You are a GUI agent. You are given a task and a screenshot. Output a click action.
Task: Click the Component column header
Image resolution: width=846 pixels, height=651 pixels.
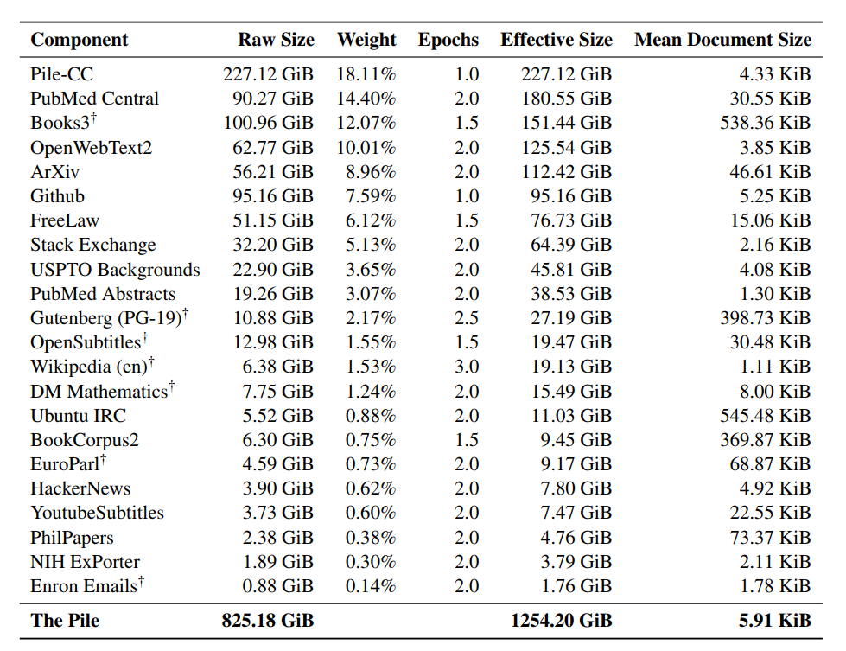point(79,40)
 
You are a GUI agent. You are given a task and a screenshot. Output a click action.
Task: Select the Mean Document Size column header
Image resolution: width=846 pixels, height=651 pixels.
point(722,40)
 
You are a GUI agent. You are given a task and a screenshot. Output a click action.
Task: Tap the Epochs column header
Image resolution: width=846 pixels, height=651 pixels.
point(448,40)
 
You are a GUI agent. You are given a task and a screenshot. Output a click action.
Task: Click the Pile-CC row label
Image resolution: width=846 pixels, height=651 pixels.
point(61,74)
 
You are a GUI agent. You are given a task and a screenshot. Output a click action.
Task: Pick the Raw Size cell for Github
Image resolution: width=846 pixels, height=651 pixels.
point(272,196)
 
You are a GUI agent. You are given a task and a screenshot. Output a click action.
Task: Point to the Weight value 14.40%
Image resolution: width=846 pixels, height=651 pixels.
point(366,99)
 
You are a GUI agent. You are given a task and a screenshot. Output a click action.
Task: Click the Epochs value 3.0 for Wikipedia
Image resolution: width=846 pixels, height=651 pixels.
point(466,367)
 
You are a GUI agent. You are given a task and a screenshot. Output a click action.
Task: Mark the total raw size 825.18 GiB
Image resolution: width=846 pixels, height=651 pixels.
point(268,621)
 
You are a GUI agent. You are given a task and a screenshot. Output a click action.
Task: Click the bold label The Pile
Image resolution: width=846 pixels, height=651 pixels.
point(66,621)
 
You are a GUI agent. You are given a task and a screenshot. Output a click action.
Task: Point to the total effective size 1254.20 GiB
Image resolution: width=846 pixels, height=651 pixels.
point(562,621)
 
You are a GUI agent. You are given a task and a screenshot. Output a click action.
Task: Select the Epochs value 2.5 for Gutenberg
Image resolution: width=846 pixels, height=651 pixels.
point(466,318)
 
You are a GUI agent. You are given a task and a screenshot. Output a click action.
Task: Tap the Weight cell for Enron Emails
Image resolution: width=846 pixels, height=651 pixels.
point(370,586)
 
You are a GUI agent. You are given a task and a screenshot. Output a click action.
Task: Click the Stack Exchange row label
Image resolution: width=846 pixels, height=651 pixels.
point(92,246)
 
